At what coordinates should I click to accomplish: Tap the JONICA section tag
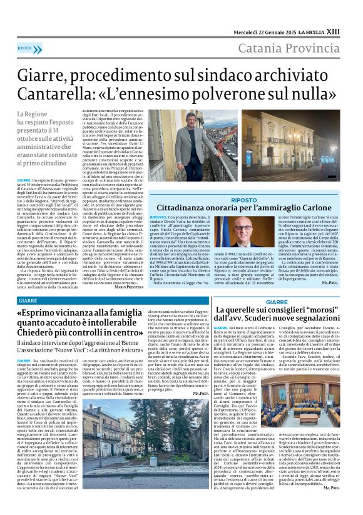point(25,48)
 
